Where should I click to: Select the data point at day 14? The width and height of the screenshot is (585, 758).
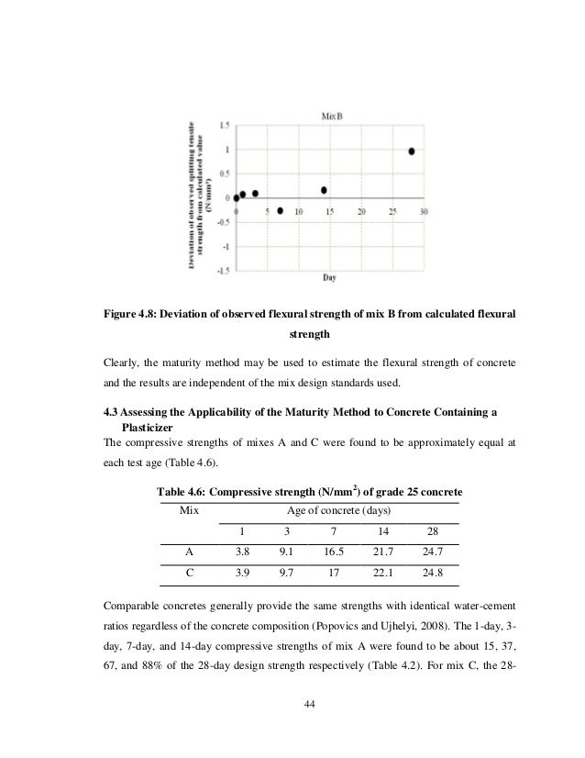(324, 191)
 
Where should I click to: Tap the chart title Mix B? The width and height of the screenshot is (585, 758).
(331, 116)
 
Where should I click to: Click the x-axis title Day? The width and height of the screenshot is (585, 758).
(327, 277)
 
